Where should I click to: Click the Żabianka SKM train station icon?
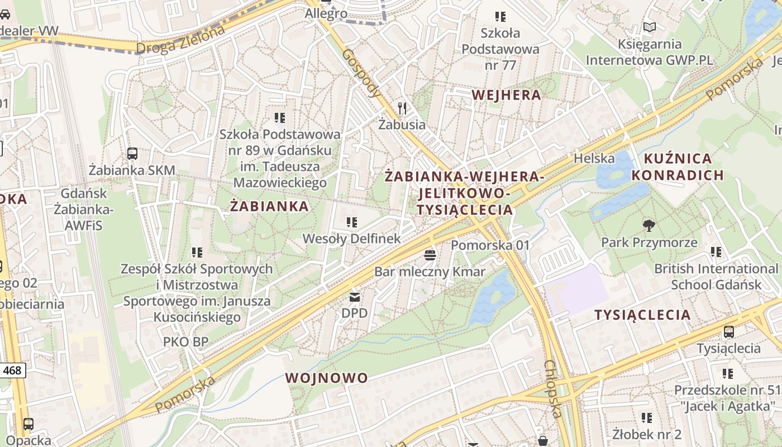click(132, 153)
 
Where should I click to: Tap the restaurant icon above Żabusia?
click(402, 108)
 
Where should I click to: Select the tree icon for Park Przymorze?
click(649, 226)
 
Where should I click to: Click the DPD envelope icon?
click(355, 297)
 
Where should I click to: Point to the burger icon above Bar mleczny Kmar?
click(430, 255)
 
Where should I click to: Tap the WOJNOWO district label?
click(327, 378)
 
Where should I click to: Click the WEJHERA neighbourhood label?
click(506, 95)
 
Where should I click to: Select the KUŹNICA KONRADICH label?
click(678, 167)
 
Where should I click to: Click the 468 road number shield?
click(12, 370)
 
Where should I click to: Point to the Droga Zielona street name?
click(181, 39)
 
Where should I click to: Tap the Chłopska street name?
click(552, 389)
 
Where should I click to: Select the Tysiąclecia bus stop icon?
click(728, 332)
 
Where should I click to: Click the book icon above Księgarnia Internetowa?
click(649, 27)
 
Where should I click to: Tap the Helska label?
click(594, 158)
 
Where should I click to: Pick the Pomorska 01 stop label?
click(490, 245)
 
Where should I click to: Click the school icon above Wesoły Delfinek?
click(351, 222)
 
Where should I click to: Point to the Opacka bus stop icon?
click(28, 424)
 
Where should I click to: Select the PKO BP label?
click(185, 341)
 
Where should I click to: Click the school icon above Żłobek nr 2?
click(647, 417)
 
